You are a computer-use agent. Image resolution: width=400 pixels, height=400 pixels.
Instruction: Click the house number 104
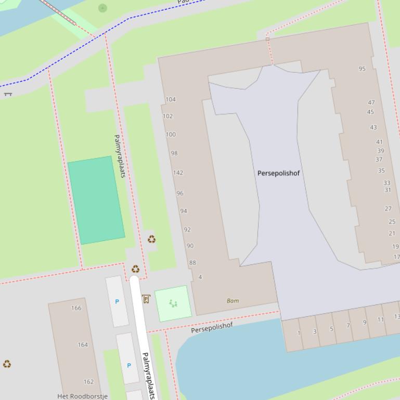pyautogui.click(x=171, y=99)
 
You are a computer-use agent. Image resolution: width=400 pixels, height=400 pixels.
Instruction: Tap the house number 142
pyautogui.click(x=178, y=173)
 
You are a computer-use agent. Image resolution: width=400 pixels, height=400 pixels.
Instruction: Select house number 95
pyautogui.click(x=362, y=69)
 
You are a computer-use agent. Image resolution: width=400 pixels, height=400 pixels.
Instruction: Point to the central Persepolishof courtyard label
pyautogui.click(x=278, y=173)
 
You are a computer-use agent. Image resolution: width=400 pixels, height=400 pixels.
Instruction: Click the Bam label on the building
pyautogui.click(x=233, y=301)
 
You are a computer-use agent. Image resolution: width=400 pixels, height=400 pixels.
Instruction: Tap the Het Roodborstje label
pyautogui.click(x=82, y=396)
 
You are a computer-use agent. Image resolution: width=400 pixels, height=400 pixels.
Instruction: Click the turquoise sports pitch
pyautogui.click(x=96, y=200)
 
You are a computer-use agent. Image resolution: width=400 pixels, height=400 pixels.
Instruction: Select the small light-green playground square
pyautogui.click(x=173, y=303)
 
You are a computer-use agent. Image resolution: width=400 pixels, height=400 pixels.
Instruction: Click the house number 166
pyautogui.click(x=76, y=308)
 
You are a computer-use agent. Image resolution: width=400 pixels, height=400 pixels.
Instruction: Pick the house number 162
pyautogui.click(x=88, y=382)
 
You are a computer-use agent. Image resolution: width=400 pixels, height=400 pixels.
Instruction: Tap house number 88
pyautogui.click(x=192, y=263)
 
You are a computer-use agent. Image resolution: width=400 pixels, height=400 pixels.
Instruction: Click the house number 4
pyautogui.click(x=200, y=277)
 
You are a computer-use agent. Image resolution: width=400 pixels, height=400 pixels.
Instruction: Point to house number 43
pyautogui.click(x=373, y=127)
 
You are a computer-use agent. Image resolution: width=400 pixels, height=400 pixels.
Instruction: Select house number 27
pyautogui.click(x=388, y=208)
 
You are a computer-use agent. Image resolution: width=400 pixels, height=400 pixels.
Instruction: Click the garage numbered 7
pyautogui.click(x=348, y=326)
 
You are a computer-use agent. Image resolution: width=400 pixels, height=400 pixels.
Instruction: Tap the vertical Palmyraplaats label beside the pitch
pyautogui.click(x=120, y=156)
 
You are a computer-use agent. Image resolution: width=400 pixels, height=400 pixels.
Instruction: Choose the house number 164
pyautogui.click(x=83, y=344)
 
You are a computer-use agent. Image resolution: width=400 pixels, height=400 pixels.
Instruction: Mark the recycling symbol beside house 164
pyautogui.click(x=7, y=364)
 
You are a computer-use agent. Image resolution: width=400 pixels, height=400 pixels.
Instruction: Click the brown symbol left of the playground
pyautogui.click(x=146, y=299)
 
